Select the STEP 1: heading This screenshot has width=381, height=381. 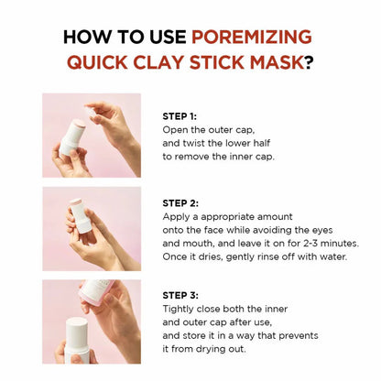180,116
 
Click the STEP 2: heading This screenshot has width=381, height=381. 180,201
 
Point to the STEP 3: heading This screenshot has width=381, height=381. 180,295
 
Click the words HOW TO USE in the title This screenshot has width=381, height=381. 126,38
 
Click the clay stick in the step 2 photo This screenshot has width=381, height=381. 80,216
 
